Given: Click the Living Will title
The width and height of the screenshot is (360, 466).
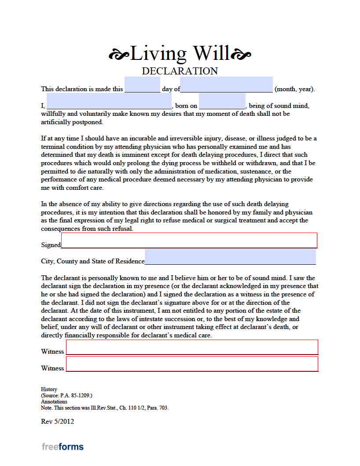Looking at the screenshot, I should coord(180,54).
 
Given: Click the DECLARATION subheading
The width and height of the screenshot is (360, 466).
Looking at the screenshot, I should coord(180,71).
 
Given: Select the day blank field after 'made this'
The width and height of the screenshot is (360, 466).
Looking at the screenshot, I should coord(142,85).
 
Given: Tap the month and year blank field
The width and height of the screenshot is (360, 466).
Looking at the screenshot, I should coord(226,85).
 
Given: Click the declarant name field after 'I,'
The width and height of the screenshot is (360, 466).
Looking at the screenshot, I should coord(109,101).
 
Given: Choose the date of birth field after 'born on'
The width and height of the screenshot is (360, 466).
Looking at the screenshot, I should coord(222,101).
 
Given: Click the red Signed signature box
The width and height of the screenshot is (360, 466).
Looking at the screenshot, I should coord(189,240).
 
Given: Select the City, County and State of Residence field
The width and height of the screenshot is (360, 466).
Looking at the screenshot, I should coord(230,257).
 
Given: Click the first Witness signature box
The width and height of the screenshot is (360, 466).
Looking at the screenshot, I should coord(192,347).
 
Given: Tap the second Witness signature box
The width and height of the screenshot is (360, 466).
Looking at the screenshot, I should coord(192,364).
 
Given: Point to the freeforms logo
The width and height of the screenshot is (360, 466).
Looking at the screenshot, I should coord(62,447).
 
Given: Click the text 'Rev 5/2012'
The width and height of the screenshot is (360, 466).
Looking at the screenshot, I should coord(57,422).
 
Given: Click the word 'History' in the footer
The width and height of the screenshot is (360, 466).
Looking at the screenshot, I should coord(49,389).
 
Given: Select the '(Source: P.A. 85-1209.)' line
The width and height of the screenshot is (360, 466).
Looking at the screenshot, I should coord(66,396).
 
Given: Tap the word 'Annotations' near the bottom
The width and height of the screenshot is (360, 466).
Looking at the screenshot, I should coord(54,402).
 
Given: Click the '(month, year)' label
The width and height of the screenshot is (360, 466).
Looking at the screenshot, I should coord(294,89).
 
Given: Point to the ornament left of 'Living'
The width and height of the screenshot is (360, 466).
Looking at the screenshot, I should coord(119,55).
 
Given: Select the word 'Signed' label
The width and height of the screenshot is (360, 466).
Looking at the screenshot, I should coord(51,245).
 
